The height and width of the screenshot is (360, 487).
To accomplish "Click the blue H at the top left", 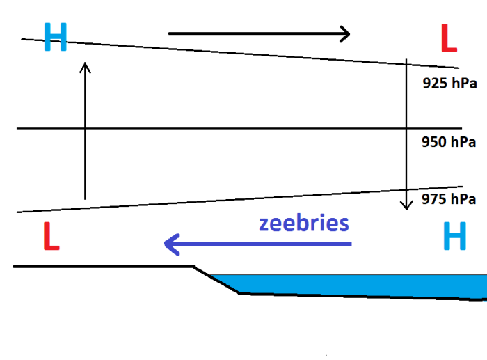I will (x=55, y=37).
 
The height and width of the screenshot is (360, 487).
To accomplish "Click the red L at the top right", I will (x=449, y=39).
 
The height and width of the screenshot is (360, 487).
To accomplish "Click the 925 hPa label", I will (x=449, y=84).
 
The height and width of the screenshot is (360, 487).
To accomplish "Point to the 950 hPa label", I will (x=449, y=143).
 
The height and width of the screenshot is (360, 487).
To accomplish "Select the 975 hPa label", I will (x=449, y=199).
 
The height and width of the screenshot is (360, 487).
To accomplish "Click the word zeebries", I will (x=303, y=224).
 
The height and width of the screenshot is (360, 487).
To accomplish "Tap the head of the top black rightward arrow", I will (x=344, y=33).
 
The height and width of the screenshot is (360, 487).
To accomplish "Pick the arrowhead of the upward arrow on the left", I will (x=85, y=66).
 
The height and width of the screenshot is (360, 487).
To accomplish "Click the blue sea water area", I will (x=362, y=284).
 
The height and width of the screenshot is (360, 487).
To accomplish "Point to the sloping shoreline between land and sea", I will (x=216, y=279).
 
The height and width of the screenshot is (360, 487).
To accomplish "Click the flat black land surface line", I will (x=104, y=266).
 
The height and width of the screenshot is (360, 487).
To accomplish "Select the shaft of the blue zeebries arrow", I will (x=264, y=244).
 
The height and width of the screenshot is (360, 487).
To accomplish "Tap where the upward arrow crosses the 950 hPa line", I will (x=85, y=128).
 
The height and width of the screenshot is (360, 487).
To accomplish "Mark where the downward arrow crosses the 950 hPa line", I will (x=406, y=128).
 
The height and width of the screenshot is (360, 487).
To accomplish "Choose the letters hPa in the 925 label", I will (x=462, y=84).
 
